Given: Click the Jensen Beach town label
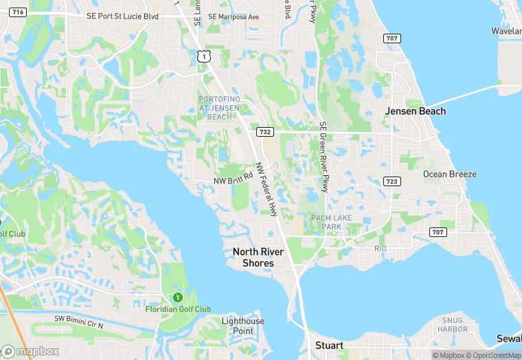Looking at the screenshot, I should point(415,111).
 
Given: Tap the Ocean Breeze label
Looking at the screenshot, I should point(449,175).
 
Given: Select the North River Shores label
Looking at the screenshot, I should point(253,257).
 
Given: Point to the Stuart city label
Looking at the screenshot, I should point(328,346).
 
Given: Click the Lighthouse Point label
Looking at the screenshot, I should point(242,326).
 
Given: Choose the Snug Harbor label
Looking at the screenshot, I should point(454,325).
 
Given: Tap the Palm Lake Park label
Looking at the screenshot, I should point(326,222).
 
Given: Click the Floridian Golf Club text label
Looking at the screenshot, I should point(178,309).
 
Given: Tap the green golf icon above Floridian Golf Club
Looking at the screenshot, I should point(178,297).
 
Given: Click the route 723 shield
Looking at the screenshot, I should point(391,181).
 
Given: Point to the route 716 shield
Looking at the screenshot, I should point(19,12).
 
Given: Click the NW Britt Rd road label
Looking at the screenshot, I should point(234,181).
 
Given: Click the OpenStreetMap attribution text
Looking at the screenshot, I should point(493,355).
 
